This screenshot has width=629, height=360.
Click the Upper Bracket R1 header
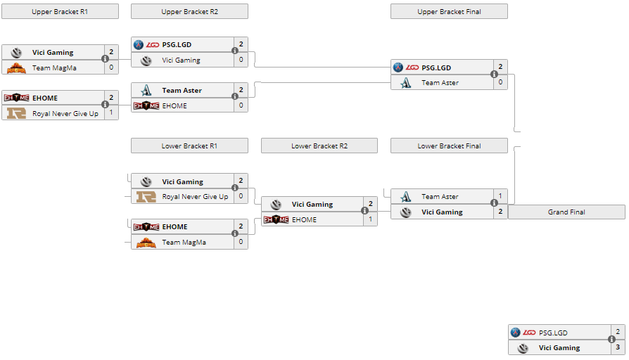60,11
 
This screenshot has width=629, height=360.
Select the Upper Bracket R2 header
189,11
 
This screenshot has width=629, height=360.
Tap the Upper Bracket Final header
449,11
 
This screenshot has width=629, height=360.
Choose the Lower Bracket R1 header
189,146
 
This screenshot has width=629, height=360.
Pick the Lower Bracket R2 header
319,146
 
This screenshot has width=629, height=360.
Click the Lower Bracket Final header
449,146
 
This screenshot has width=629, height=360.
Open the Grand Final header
566,212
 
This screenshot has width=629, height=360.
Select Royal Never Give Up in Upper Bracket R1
65,113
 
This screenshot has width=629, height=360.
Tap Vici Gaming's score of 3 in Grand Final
618,347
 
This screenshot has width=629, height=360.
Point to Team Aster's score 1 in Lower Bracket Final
500,196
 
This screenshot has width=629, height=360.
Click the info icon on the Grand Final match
611,340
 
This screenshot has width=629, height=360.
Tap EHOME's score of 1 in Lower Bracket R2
371,219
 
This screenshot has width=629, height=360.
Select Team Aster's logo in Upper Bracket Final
406,83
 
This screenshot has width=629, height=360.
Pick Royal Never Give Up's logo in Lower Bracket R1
146,197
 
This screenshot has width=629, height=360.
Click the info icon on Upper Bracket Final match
494,75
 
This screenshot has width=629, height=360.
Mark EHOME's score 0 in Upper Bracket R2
241,105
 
